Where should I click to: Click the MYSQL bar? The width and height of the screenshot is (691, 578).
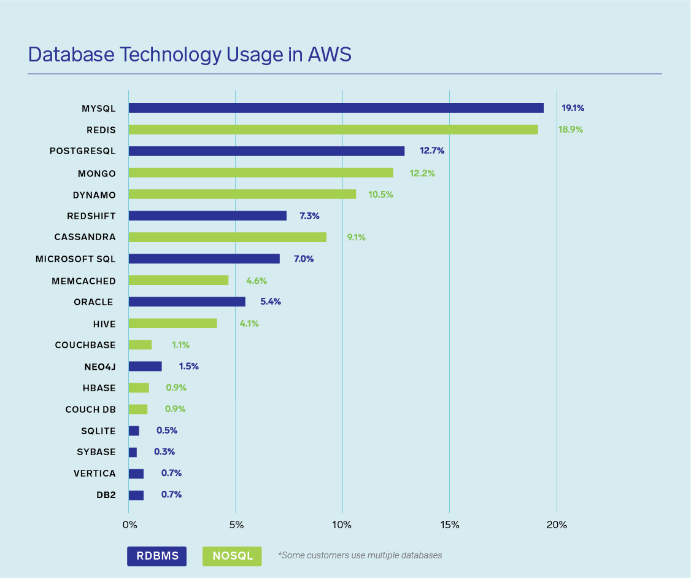(x=336, y=108)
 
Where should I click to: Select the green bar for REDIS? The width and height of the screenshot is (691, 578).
(x=333, y=130)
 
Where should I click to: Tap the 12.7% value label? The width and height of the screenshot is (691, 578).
(x=432, y=151)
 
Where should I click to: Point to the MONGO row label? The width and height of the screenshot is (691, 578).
(x=97, y=173)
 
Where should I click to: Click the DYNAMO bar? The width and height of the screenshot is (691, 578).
(x=242, y=194)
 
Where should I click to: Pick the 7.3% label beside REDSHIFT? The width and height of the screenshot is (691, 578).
(x=309, y=216)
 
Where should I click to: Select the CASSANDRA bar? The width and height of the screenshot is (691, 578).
(x=227, y=237)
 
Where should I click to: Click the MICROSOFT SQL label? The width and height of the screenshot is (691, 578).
(x=75, y=259)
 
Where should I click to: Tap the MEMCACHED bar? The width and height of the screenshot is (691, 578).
(x=179, y=280)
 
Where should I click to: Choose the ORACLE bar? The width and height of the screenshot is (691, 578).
(x=187, y=302)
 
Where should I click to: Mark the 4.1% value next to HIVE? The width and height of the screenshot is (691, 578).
(x=249, y=323)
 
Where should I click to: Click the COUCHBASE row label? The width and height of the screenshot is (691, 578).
(x=85, y=345)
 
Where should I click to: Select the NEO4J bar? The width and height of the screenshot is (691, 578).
(x=145, y=366)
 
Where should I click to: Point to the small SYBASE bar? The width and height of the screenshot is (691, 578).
(x=133, y=452)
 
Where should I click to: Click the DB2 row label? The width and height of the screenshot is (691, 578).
(x=106, y=494)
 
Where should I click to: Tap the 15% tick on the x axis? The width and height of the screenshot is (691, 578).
(x=450, y=525)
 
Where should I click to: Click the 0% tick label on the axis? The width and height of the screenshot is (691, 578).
(x=129, y=525)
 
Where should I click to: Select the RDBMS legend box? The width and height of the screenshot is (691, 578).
(x=156, y=556)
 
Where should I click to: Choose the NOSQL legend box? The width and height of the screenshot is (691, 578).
(x=232, y=556)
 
